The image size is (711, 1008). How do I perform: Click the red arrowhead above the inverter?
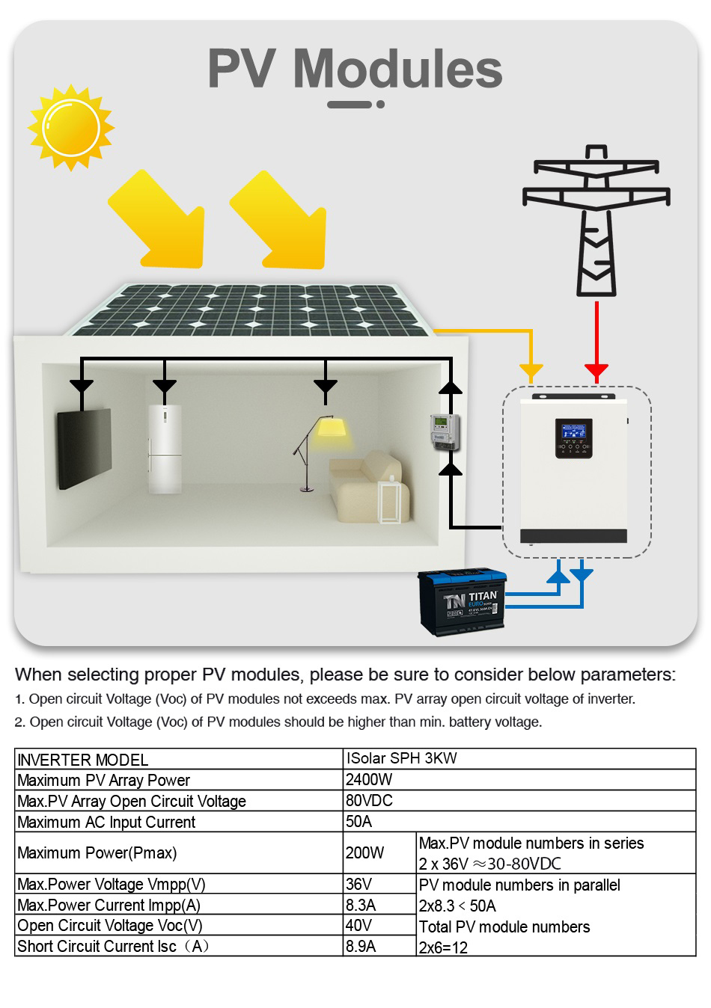tap(596, 370)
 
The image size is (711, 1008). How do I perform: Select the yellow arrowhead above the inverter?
tap(531, 370)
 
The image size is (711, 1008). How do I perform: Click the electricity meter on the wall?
tap(443, 432)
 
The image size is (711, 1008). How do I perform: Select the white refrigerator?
tap(164, 448)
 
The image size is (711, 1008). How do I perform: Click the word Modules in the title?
tap(397, 69)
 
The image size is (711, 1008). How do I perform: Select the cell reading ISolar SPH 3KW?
tap(401, 758)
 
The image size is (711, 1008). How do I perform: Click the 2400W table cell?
tap(369, 779)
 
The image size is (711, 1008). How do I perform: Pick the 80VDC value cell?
tap(369, 800)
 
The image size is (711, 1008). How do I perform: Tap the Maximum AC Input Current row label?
tap(106, 822)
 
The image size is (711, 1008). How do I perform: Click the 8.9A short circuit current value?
tap(361, 946)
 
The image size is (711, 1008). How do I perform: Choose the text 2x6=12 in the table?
tap(443, 947)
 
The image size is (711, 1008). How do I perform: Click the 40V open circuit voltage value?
tap(358, 925)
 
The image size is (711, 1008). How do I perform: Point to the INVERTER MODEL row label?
tap(82, 760)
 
